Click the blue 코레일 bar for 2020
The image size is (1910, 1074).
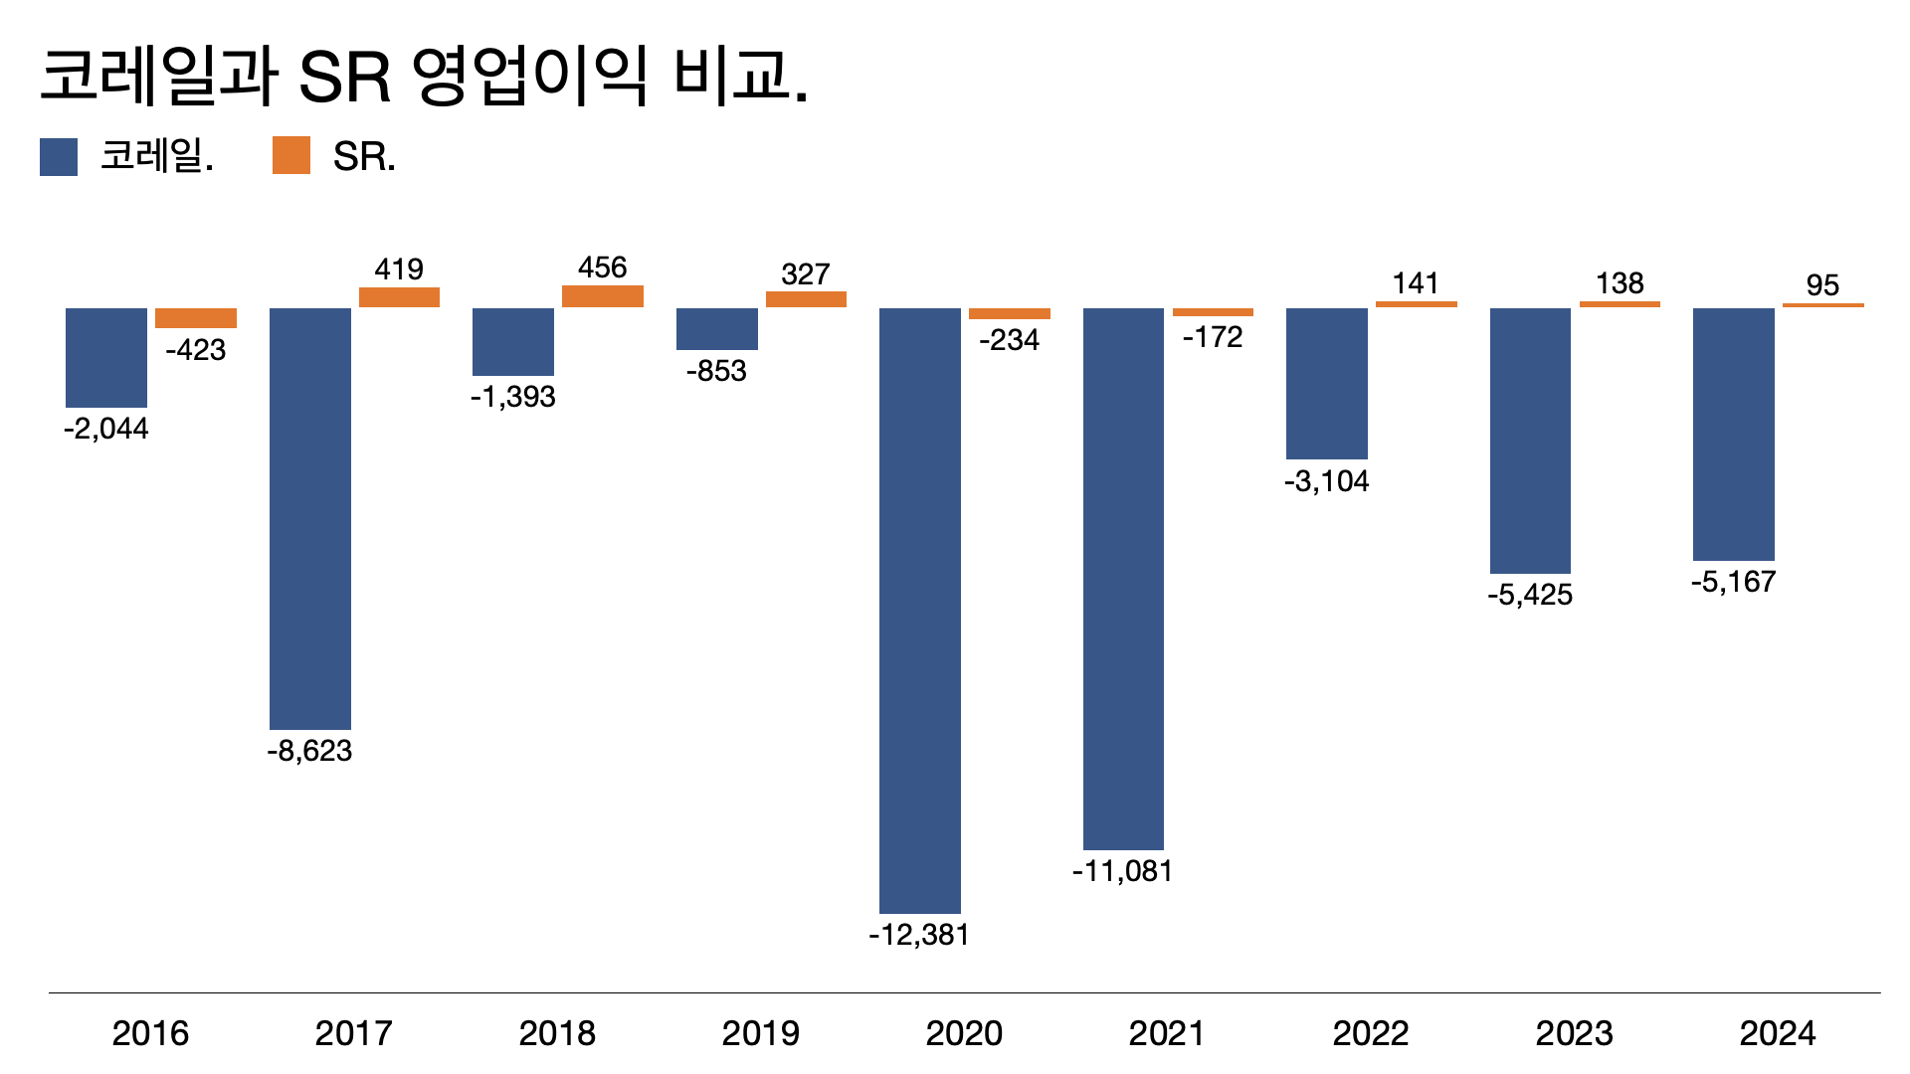919,610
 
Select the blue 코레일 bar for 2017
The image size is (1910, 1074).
309,518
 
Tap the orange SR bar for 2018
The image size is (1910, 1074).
602,296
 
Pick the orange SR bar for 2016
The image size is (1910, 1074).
196,318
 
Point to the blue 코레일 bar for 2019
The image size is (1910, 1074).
716,329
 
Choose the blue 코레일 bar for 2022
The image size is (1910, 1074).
1326,383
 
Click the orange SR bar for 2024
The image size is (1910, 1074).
1822,305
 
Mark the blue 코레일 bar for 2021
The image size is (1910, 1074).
1123,578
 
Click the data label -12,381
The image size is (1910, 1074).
918,935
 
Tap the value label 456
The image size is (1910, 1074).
602,268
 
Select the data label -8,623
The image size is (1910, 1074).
309,751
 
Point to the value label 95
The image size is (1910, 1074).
1822,285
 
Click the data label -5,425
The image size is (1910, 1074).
1530,595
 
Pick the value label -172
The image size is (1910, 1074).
1213,338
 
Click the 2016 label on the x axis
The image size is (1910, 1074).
150,1033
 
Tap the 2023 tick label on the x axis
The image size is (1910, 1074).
1574,1033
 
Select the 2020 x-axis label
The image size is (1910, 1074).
964,1033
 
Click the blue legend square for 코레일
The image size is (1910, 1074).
59,157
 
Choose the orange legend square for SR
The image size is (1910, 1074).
291,156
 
